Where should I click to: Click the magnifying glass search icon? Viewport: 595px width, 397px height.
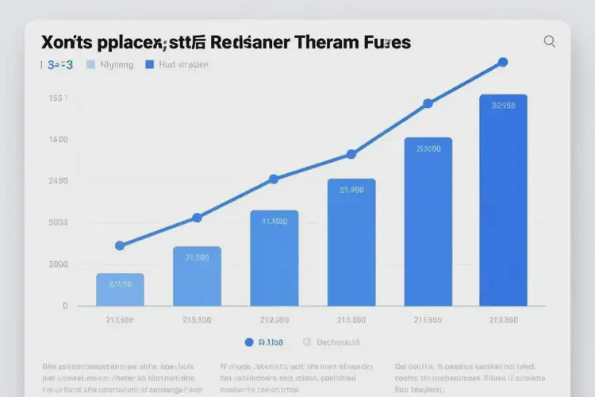549,42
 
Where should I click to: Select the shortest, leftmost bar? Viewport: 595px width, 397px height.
120,290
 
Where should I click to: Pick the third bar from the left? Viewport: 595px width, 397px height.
274,258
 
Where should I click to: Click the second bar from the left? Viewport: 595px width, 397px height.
197,276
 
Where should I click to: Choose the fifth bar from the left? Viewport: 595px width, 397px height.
428,222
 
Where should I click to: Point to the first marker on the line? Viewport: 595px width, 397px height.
120,246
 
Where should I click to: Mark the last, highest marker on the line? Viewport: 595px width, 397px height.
501,62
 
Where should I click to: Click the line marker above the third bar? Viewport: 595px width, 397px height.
274,179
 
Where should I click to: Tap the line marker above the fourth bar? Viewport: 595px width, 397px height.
351,155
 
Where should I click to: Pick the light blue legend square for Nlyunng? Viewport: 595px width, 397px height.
90,65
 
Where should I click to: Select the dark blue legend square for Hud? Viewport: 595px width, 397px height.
148,65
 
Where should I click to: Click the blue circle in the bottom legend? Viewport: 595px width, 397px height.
249,342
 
